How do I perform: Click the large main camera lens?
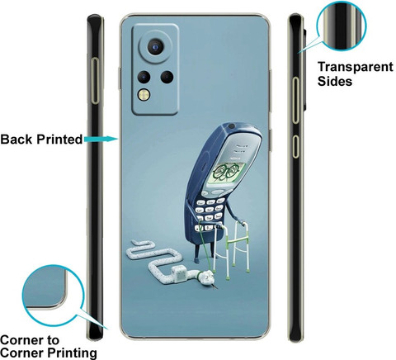coord(156,47)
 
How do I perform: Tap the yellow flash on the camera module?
coord(144,95)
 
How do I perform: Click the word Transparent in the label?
coord(356,67)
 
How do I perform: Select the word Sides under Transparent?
coord(335,81)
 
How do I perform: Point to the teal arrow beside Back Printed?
coord(101,140)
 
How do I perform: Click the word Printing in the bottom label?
coord(72,353)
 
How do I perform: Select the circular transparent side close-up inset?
coord(342,26)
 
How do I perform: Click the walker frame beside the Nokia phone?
coord(233,249)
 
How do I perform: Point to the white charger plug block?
coord(177,274)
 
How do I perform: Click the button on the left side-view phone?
coord(95,81)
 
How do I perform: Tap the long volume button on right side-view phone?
coord(295,100)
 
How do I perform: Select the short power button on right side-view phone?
coord(295,146)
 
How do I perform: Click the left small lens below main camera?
coord(144,77)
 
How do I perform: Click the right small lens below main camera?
coord(167,77)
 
